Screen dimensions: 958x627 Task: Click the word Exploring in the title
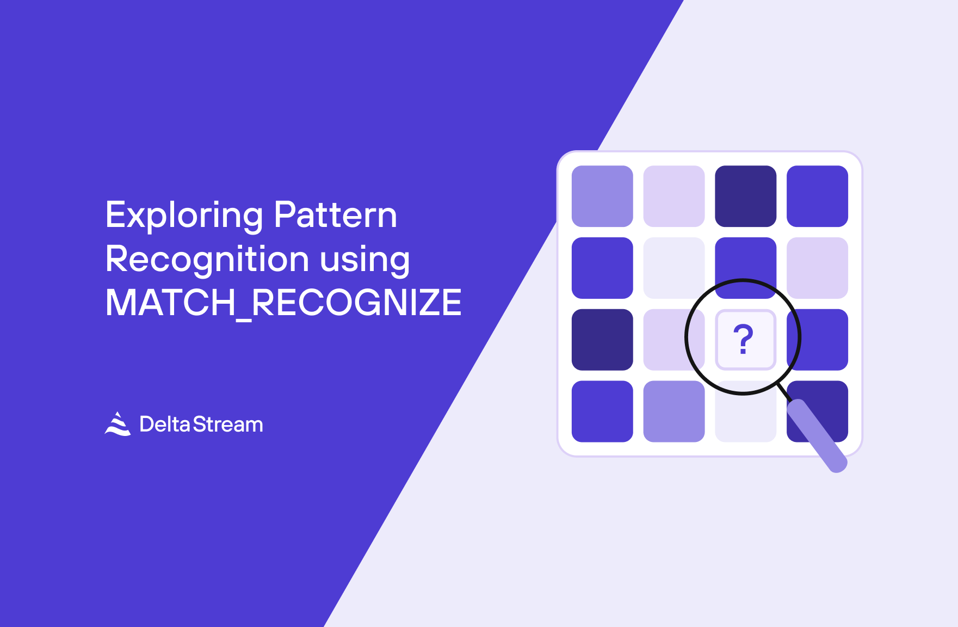pyautogui.click(x=184, y=216)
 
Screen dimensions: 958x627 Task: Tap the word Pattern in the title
pyautogui.click(x=336, y=214)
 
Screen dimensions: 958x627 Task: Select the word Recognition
pyautogui.click(x=207, y=260)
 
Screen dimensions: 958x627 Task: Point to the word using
pyautogui.click(x=364, y=261)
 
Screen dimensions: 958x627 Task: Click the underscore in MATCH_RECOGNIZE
pyautogui.click(x=243, y=319)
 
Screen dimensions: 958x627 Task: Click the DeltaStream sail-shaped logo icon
pyautogui.click(x=118, y=423)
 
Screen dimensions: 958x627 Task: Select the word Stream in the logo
pyautogui.click(x=228, y=424)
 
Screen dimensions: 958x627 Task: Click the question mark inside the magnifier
pyautogui.click(x=743, y=339)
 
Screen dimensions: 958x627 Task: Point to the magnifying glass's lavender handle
pyautogui.click(x=817, y=435)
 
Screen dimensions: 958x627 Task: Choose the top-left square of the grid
pyautogui.click(x=602, y=196)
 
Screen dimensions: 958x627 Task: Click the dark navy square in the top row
pyautogui.click(x=745, y=196)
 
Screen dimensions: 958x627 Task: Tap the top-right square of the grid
pyautogui.click(x=817, y=196)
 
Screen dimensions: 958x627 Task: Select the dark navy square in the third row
pyautogui.click(x=602, y=340)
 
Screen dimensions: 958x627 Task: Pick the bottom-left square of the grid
pyautogui.click(x=602, y=411)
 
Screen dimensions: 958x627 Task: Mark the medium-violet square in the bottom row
pyautogui.click(x=674, y=411)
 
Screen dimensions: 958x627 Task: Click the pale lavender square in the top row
pyautogui.click(x=674, y=196)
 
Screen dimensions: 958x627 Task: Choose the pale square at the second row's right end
pyautogui.click(x=817, y=268)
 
